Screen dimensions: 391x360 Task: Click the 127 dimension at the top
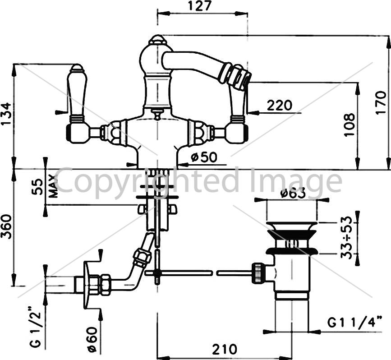pyautogui.click(x=199, y=6)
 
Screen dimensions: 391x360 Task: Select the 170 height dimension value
pyautogui.click(x=381, y=103)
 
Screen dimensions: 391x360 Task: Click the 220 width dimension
pyautogui.click(x=279, y=106)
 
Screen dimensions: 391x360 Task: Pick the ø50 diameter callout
pyautogui.click(x=204, y=157)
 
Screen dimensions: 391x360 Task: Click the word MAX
pyautogui.click(x=54, y=186)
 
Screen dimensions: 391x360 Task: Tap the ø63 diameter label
pyautogui.click(x=293, y=193)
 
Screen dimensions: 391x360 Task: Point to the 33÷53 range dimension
pyautogui.click(x=346, y=238)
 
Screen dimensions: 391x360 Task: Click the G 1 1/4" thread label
pyautogui.click(x=354, y=322)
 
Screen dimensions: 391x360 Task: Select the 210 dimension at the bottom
pyautogui.click(x=225, y=349)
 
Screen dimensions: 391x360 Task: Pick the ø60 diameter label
pyautogui.click(x=92, y=340)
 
